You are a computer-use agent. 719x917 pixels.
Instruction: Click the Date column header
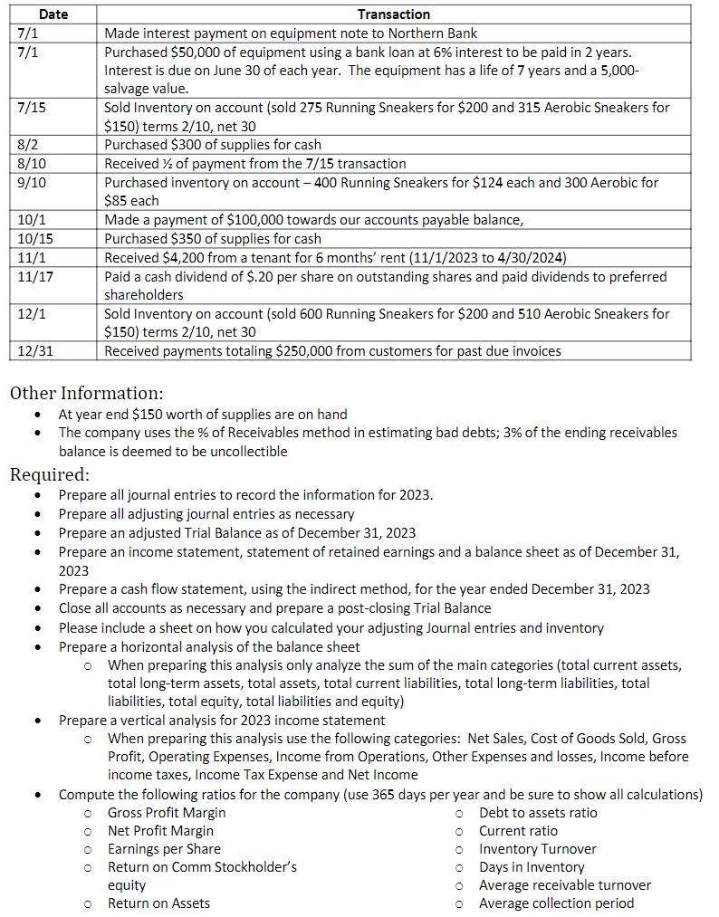[53, 14]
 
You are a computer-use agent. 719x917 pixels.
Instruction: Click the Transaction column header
[394, 14]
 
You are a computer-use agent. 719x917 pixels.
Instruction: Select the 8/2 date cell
[28, 145]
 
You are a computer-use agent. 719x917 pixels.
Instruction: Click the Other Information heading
[86, 393]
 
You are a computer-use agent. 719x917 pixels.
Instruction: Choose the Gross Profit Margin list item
[167, 812]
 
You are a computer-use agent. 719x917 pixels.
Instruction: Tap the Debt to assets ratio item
[538, 812]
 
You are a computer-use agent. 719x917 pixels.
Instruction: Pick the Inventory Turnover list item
[537, 848]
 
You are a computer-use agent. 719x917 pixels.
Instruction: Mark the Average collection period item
[556, 903]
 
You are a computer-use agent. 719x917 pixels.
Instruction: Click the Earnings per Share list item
[164, 848]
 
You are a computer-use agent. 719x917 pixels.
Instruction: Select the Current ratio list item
[518, 830]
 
